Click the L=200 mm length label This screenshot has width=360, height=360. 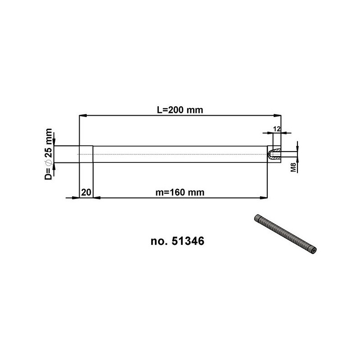pyautogui.click(x=180, y=110)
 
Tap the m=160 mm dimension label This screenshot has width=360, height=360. pyautogui.click(x=180, y=193)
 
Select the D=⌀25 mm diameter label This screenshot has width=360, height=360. pyautogui.click(x=49, y=154)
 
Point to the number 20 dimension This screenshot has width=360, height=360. pyautogui.click(x=86, y=193)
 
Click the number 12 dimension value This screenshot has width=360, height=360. pyautogui.click(x=277, y=129)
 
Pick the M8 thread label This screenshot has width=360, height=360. pyautogui.click(x=294, y=166)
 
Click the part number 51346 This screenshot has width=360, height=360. pyautogui.click(x=188, y=241)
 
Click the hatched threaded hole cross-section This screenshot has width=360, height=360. pyautogui.click(x=275, y=154)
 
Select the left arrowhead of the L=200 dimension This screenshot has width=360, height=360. pyautogui.click(x=83, y=116)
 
